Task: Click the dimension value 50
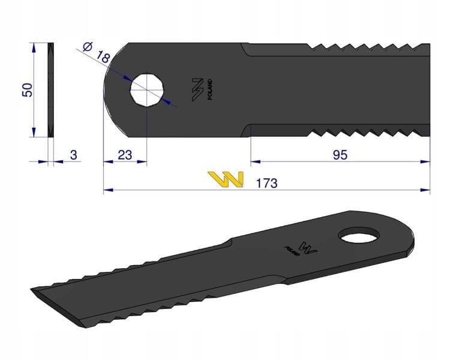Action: (x=28, y=90)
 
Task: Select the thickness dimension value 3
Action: (x=73, y=155)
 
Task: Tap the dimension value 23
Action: (x=125, y=155)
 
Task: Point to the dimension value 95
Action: (x=340, y=155)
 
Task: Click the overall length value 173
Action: (x=266, y=183)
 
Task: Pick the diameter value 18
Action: (x=103, y=57)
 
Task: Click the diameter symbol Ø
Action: (x=87, y=47)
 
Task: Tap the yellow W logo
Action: (x=226, y=179)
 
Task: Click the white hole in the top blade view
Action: (x=147, y=90)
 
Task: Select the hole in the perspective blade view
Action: (x=359, y=235)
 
